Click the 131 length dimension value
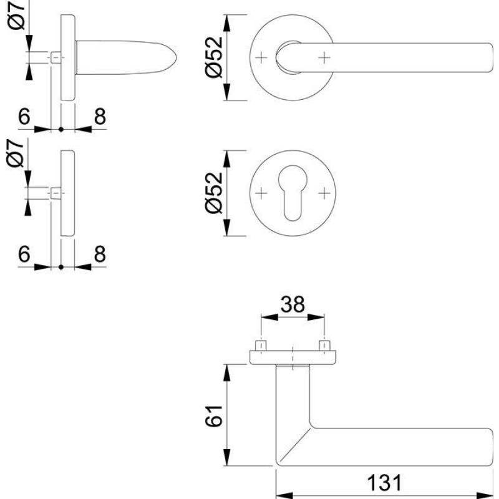pyautogui.click(x=384, y=482)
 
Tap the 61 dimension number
pyautogui.click(x=214, y=416)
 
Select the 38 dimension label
pyautogui.click(x=293, y=304)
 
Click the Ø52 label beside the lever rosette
pyautogui.click(x=214, y=57)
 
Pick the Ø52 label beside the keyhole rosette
pyautogui.click(x=214, y=193)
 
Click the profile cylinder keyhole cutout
pyautogui.click(x=293, y=192)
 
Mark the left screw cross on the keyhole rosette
pyautogui.click(x=261, y=193)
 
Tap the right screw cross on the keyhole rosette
pyautogui.click(x=324, y=193)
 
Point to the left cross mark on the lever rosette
pyautogui.click(x=261, y=57)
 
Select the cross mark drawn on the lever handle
pyautogui.click(x=324, y=57)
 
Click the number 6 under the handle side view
pyautogui.click(x=24, y=117)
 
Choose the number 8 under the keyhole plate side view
pyautogui.click(x=100, y=254)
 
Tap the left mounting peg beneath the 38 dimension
pyautogui.click(x=261, y=346)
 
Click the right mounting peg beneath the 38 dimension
pyautogui.click(x=324, y=346)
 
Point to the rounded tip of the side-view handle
pyautogui.click(x=177, y=57)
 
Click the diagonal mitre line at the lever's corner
pyautogui.click(x=294, y=445)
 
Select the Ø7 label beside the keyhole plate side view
pyautogui.click(x=16, y=153)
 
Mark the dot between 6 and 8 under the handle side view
pyautogui.click(x=61, y=130)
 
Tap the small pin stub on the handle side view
pyautogui.click(x=56, y=57)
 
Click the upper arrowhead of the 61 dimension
pyautogui.click(x=226, y=372)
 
